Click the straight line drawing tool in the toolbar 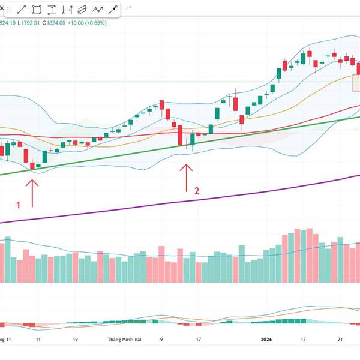(x=21, y=10)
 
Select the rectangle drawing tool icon (x=37, y=10)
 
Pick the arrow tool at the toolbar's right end (x=112, y=10)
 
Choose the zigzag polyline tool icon (x=98, y=10)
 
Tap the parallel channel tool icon (x=83, y=10)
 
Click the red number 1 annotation (x=18, y=205)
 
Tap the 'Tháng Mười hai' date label (x=124, y=340)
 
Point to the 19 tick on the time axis (x=74, y=340)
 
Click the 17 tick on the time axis (x=198, y=340)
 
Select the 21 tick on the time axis (x=340, y=340)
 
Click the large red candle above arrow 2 (x=180, y=135)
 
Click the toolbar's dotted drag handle (x=127, y=10)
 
